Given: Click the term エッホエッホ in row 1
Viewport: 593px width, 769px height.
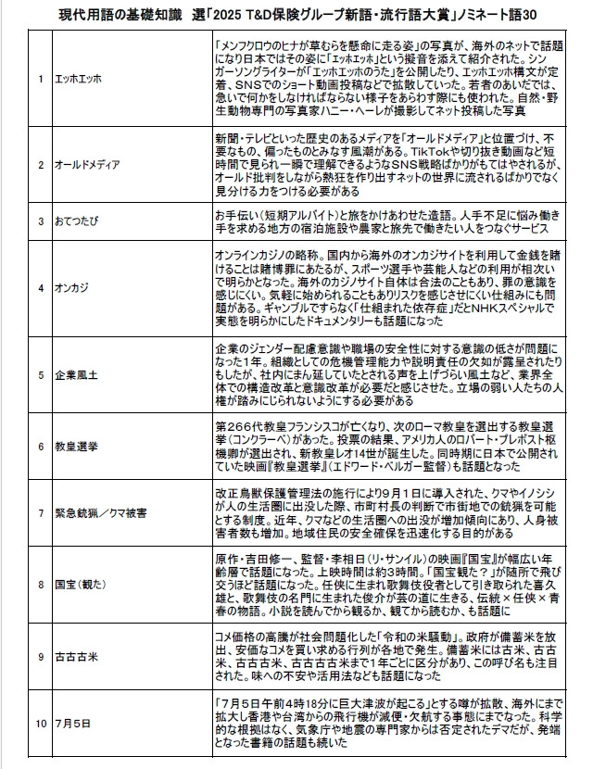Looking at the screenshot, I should (79, 79).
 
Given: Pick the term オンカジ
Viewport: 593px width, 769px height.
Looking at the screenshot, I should (74, 287).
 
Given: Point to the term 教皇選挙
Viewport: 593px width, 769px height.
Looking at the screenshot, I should (77, 446).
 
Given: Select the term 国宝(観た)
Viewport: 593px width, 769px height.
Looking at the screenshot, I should (82, 585).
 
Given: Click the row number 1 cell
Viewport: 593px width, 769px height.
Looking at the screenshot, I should (41, 79).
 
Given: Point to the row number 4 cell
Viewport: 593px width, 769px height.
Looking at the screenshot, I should (41, 287).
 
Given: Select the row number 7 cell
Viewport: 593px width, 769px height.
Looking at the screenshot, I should (41, 511).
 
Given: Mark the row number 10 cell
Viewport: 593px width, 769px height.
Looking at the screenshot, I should (41, 723).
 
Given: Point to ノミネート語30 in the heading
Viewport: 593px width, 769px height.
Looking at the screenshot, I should (504, 16).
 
